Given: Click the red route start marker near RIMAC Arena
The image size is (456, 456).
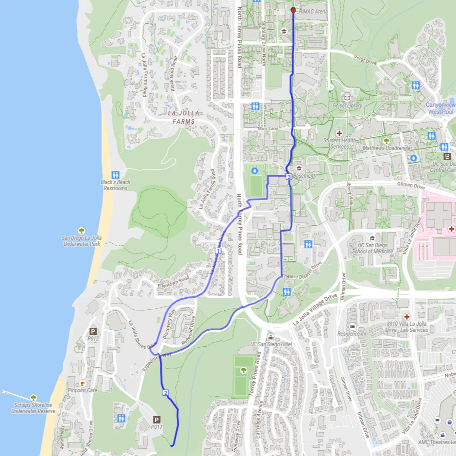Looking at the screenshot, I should point(293,10).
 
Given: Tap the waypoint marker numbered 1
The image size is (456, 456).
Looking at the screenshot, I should point(218,251).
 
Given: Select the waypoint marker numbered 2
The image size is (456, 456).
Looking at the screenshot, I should point(166,393).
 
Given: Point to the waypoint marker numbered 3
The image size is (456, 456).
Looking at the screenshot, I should point(288,177).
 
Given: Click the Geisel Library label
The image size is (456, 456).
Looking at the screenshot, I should point(347,105).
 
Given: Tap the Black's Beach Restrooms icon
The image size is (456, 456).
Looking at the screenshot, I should point(116,174).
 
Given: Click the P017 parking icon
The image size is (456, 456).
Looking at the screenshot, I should point(156,420).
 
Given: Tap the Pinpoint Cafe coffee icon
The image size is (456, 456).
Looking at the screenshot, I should point(83,383).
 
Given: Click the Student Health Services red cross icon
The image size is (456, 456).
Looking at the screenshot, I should point(339,133).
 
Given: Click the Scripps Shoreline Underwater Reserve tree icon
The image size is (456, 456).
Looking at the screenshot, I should point(34,398).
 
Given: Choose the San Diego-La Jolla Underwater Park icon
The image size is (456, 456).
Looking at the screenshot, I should point(81,231).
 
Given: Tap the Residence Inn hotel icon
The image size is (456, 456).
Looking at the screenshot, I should point(353,326).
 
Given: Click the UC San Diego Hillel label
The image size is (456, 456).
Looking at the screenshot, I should point(270,344).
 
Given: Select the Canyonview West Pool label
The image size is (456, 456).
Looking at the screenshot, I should point(440,108).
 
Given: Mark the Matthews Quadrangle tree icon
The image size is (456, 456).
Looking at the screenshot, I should point(387,141).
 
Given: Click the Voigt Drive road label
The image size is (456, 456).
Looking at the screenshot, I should point(365,62).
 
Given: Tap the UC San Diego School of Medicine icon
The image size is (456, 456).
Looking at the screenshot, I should point(372,238).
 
